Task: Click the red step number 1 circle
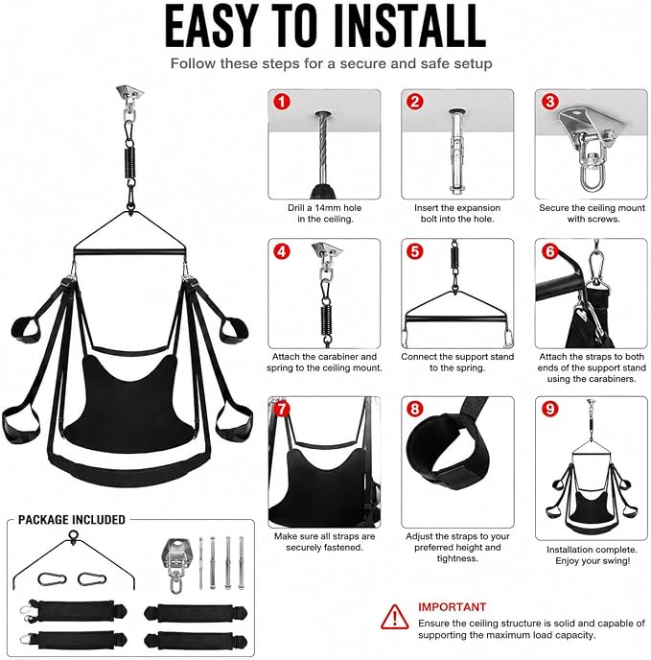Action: point(282,102)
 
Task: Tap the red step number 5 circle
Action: point(415,251)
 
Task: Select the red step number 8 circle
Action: point(415,409)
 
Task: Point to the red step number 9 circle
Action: point(549,409)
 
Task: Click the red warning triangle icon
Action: point(394,617)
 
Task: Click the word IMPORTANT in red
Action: point(452,607)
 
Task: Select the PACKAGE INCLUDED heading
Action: point(72,520)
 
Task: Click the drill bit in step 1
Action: point(324,154)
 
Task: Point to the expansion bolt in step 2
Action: point(455,152)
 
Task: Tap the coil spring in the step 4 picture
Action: point(327,319)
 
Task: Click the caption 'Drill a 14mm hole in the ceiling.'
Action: point(324,213)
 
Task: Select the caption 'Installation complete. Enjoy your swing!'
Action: point(593,555)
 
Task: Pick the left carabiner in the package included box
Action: point(52,579)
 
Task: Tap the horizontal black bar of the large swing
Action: point(129,251)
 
